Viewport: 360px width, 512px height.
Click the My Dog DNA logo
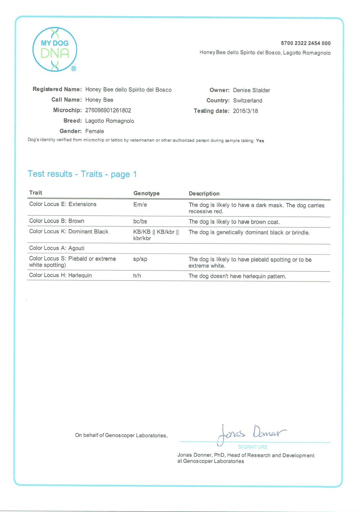click(55, 50)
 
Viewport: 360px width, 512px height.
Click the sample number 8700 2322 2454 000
click(305, 43)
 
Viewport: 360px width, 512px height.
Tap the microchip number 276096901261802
click(108, 110)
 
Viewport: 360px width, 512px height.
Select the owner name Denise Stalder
click(251, 90)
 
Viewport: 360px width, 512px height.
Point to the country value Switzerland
click(247, 101)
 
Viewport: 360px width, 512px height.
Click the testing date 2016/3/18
click(245, 111)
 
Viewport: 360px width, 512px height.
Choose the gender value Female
click(94, 131)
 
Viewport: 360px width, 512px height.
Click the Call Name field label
click(66, 100)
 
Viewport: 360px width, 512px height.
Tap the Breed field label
click(72, 121)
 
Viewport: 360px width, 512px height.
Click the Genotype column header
click(146, 193)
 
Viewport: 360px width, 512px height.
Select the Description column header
click(204, 194)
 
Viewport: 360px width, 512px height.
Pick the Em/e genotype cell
click(140, 205)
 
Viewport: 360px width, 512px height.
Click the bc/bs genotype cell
click(140, 221)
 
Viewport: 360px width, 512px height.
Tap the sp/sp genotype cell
click(140, 259)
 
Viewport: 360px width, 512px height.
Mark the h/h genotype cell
click(137, 276)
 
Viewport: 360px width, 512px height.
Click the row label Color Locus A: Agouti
click(57, 248)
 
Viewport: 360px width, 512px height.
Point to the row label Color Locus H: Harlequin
click(60, 275)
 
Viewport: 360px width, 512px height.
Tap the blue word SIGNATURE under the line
click(253, 447)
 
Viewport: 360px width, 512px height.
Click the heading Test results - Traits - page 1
click(82, 174)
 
